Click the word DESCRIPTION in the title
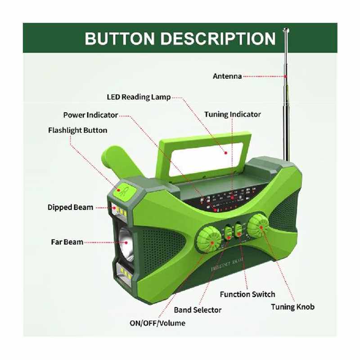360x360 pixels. pos(217,39)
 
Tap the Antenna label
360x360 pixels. pos(227,76)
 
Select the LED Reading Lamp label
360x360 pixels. pos(139,97)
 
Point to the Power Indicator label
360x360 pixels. pos(90,115)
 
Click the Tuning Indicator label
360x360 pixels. pos(232,114)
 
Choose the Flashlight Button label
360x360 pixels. pos(77,130)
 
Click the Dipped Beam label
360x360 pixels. pos(70,207)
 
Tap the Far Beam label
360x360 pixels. pos(67,242)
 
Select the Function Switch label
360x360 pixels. pos(247,294)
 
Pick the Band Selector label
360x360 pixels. pos(198,310)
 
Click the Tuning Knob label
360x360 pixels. pos(292,307)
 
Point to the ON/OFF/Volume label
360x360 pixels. pos(157,323)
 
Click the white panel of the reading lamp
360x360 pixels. pos(203,158)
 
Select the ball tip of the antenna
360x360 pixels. pos(286,31)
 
